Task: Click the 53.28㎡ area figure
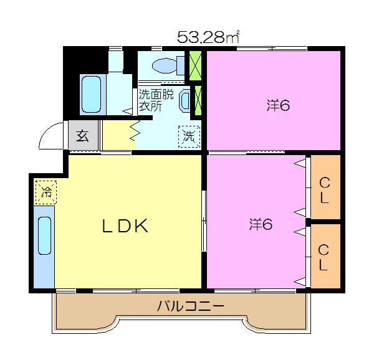pos(208,37)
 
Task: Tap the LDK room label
pos(125,225)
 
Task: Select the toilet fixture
pos(168,65)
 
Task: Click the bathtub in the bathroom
pos(91,94)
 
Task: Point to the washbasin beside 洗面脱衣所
pos(185,100)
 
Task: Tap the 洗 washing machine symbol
pos(189,136)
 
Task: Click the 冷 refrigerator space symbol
pos(46,192)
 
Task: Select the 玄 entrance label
pos(82,136)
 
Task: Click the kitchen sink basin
pos(45,235)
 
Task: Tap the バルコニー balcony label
pos(190,306)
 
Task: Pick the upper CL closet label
pos(324,191)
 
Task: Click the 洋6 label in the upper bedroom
pos(278,105)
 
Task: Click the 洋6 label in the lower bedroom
pos(261,224)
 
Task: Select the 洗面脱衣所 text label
pos(156,100)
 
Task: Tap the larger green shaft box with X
pos(195,65)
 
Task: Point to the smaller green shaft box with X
pos(198,100)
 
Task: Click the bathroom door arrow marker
pos(128,111)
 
